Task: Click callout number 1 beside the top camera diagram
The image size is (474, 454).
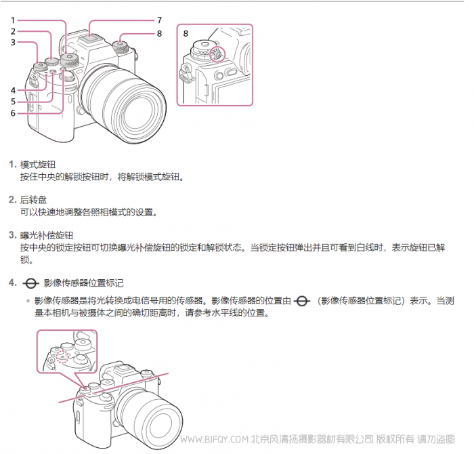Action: click(13, 20)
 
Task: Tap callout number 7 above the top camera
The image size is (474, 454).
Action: click(160, 20)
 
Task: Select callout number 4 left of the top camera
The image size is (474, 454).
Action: click(13, 90)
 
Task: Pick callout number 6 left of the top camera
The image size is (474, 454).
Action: click(13, 113)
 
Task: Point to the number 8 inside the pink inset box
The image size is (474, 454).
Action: click(186, 34)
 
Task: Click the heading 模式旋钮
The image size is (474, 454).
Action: click(38, 165)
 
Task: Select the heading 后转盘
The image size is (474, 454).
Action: click(34, 200)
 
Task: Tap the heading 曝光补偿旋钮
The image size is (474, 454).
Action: click(47, 235)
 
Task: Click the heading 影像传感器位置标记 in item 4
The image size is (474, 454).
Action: click(84, 283)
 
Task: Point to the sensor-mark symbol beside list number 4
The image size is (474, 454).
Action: click(30, 283)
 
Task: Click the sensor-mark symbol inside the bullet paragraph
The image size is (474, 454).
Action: click(302, 302)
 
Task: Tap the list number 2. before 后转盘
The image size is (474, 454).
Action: click(13, 200)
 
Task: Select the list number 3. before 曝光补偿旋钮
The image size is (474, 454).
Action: click(13, 235)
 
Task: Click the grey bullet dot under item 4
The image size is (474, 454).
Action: click(28, 301)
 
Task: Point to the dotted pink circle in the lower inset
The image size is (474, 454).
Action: click(63, 356)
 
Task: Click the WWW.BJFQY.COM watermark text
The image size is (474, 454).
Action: click(215, 439)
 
